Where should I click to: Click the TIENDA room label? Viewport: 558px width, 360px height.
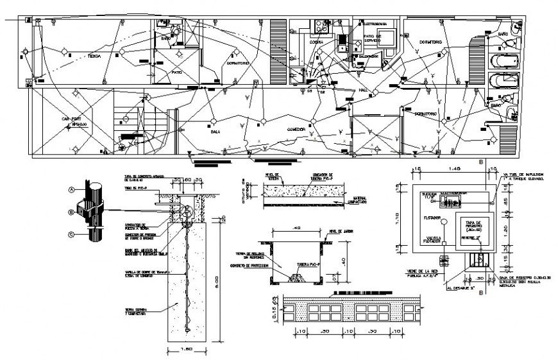pos(94,56)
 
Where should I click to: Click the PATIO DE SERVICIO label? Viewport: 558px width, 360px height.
pos(373,39)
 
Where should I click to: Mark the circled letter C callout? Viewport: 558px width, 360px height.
pos(72,234)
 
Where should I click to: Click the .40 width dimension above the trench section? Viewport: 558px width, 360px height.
pos(296,228)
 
